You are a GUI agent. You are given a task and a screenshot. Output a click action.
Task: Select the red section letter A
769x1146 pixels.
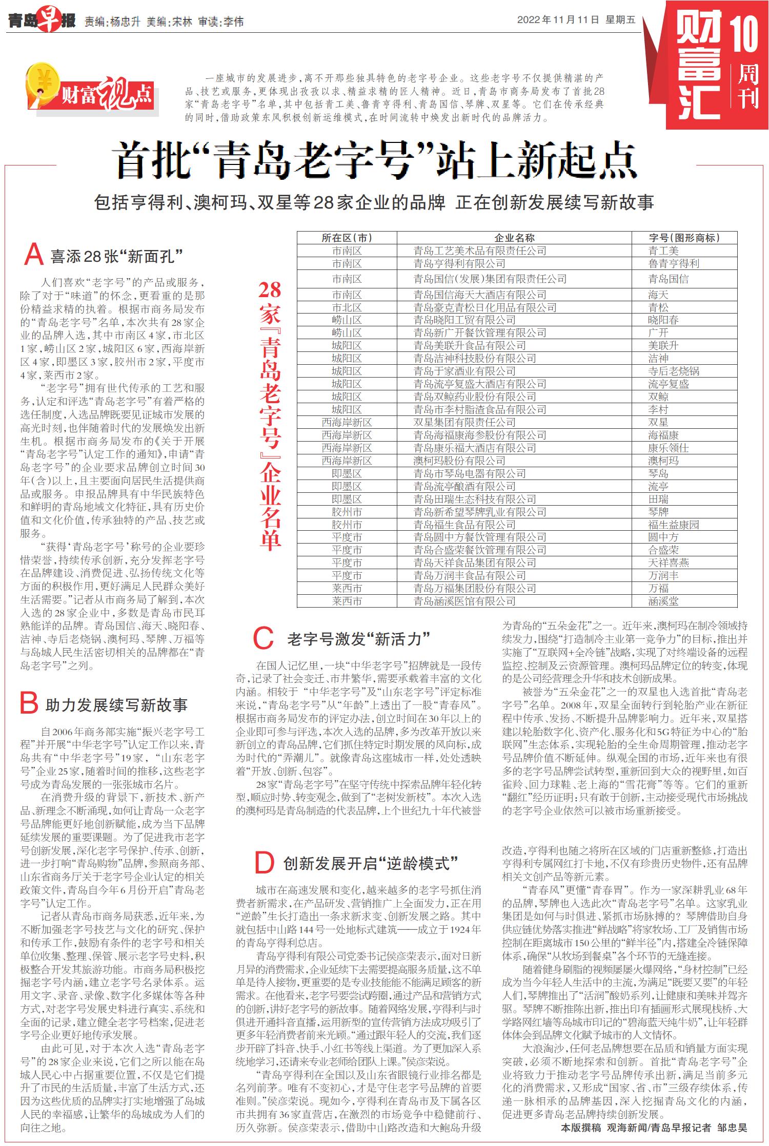pos(34,254)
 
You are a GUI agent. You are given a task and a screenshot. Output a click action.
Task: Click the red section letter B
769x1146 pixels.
pos(29,703)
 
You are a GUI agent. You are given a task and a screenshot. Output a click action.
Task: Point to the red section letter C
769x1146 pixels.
pos(264,638)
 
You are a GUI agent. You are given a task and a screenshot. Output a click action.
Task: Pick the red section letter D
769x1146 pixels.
pos(265,863)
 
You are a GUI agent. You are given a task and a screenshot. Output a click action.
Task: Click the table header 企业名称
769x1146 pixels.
pos(514,238)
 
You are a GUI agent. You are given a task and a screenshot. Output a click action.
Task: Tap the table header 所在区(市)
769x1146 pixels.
pos(347,238)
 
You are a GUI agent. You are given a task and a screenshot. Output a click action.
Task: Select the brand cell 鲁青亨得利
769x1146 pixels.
pos(673,263)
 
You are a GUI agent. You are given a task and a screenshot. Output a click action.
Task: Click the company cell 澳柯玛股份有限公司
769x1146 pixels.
pos(459,461)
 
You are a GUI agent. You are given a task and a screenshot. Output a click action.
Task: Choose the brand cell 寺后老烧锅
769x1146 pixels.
pos(673,371)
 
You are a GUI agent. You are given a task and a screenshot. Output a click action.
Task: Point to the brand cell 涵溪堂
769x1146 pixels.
pos(663,601)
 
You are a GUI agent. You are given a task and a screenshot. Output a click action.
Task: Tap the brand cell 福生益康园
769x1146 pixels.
pos(673,525)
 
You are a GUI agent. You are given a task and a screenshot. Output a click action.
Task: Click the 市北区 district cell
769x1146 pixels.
pos(347,307)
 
